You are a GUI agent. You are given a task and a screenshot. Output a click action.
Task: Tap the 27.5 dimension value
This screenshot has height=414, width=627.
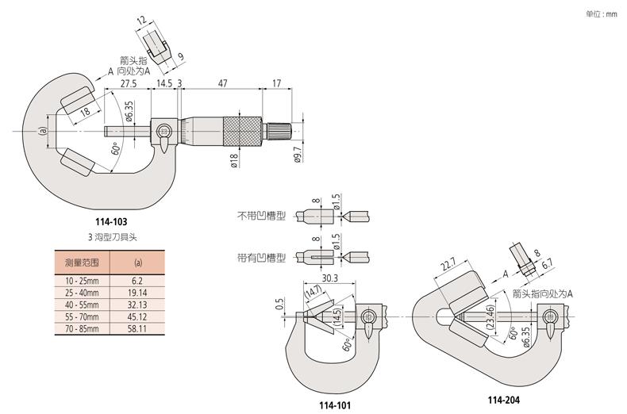point(129,82)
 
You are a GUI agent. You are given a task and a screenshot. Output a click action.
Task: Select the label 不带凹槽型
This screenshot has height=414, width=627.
point(260,215)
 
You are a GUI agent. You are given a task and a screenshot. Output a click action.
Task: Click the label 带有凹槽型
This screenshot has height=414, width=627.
point(260,256)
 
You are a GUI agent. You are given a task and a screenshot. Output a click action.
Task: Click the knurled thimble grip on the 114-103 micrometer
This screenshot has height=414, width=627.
point(241,130)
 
